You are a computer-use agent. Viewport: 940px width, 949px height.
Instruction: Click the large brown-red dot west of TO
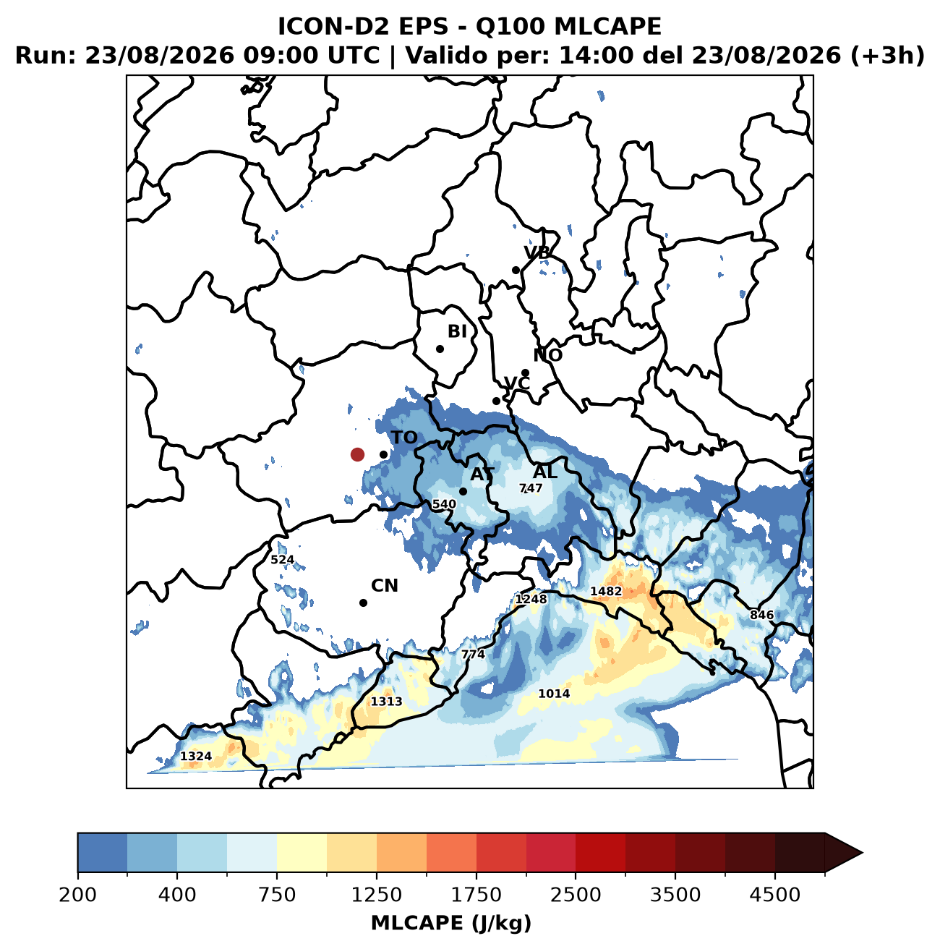(357, 454)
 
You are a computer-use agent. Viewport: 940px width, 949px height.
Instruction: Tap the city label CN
(384, 586)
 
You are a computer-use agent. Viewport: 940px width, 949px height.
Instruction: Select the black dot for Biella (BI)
(440, 349)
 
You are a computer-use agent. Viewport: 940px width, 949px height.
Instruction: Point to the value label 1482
(606, 591)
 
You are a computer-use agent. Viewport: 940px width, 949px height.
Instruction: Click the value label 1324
(196, 756)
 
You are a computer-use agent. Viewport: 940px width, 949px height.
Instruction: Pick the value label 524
(283, 559)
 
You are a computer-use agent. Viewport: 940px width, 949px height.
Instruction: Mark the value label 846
(761, 615)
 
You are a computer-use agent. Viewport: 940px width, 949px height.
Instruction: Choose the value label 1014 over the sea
(554, 694)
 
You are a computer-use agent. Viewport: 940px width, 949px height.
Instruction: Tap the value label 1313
(387, 702)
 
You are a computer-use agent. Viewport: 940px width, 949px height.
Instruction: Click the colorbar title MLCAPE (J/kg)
(451, 922)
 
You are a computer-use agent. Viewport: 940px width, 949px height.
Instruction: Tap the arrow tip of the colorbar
(863, 853)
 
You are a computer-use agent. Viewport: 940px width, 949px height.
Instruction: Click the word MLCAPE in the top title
(607, 27)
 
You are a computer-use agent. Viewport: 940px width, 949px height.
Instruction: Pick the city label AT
(482, 474)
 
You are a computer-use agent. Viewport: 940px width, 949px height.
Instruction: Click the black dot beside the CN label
(363, 603)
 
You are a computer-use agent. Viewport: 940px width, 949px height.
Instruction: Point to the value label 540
(444, 504)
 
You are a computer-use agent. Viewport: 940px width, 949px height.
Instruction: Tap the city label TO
(404, 438)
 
